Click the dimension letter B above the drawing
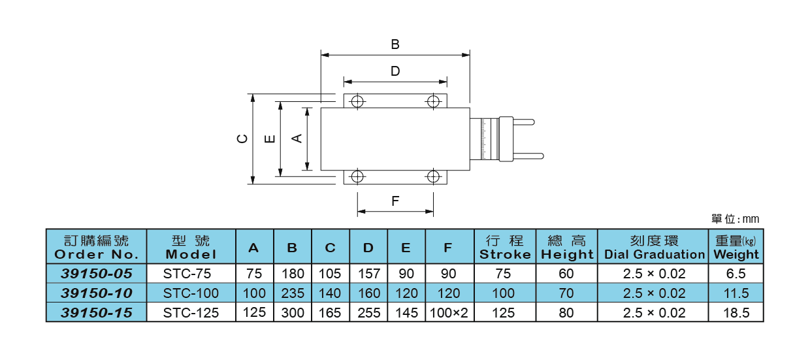coord(395,44)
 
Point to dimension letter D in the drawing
coord(395,71)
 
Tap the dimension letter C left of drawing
coord(242,139)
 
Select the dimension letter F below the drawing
coord(395,201)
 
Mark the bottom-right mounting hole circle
coord(432,176)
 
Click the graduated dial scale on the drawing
coord(484,139)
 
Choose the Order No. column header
coord(97,247)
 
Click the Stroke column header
coord(505,247)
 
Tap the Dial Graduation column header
coord(654,247)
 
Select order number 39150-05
coord(97,273)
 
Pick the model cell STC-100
coord(191,293)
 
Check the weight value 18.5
coord(736,313)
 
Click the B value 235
coord(293,293)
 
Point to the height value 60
coord(566,273)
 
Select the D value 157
coord(369,273)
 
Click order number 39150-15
coord(97,313)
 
